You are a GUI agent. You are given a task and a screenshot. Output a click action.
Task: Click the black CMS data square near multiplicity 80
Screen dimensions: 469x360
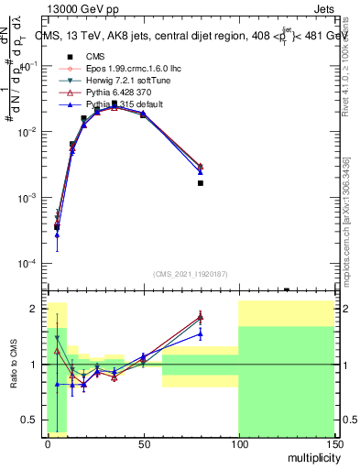(x=201, y=183)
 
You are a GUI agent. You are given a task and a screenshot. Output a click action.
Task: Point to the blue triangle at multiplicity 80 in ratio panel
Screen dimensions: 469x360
(x=201, y=333)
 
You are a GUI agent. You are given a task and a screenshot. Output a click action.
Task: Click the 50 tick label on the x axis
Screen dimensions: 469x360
(x=143, y=442)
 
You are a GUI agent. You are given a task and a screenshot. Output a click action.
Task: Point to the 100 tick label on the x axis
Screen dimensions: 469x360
(x=238, y=442)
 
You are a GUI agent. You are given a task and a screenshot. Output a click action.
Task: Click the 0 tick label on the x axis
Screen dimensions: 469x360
(x=48, y=442)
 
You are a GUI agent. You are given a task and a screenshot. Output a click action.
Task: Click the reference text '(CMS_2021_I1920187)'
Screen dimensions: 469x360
(x=190, y=274)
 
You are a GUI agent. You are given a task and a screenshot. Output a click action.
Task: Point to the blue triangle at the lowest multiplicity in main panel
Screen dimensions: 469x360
(x=57, y=235)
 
